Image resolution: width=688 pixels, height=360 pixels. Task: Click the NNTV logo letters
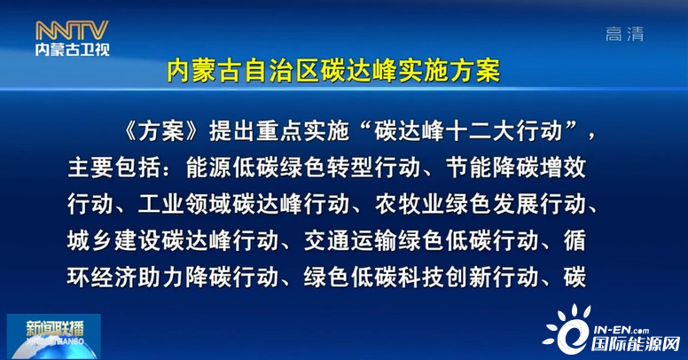pos(72,30)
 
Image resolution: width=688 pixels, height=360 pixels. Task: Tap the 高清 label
pos(624,34)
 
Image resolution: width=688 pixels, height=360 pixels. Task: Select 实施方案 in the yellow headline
pos(449,70)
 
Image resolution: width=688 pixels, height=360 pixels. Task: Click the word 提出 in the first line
pos(232,131)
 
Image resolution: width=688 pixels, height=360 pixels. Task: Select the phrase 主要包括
pos(114,168)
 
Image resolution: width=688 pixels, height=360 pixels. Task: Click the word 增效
pos(563,168)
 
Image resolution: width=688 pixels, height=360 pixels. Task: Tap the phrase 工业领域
pos(184,204)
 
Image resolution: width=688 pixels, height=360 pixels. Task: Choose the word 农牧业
pos(410,204)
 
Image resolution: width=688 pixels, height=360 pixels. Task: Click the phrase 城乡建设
pos(114,240)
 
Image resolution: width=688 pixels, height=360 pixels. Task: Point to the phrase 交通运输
pos(350,240)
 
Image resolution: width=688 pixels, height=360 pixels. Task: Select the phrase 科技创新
pos(445,277)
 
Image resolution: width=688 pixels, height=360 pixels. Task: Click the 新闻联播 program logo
pos(53,336)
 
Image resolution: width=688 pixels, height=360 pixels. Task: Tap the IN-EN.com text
pos(621,330)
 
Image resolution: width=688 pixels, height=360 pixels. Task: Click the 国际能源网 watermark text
pos(635,344)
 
